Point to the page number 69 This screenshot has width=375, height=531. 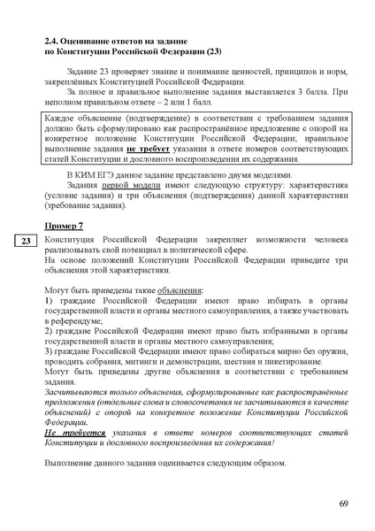pyautogui.click(x=343, y=504)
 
